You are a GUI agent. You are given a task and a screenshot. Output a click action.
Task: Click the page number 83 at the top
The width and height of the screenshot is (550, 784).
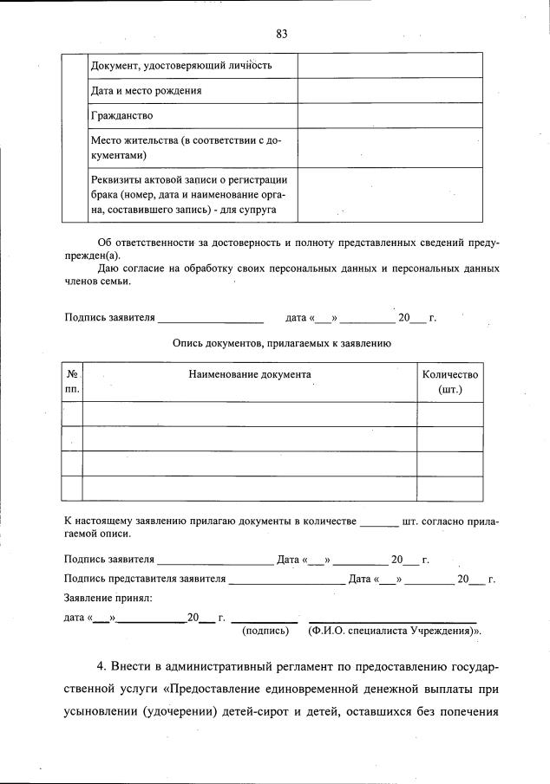click(281, 34)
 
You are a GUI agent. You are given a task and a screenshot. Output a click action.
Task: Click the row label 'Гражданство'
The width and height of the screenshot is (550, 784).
click(122, 115)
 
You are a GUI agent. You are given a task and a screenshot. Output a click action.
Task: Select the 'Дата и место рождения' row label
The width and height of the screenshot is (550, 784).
click(147, 90)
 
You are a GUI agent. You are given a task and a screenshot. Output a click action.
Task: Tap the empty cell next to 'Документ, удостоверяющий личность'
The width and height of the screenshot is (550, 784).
click(390, 65)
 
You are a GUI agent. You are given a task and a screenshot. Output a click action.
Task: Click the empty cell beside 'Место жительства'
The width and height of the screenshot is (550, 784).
click(390, 147)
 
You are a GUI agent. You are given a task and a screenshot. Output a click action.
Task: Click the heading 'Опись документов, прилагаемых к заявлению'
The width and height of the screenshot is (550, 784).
click(281, 343)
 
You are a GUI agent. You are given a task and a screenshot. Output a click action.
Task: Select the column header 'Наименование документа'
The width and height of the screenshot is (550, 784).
click(250, 374)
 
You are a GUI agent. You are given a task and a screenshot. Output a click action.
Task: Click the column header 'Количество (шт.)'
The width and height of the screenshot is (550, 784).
click(449, 382)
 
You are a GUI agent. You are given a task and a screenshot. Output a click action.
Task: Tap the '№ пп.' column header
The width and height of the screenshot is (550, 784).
click(72, 382)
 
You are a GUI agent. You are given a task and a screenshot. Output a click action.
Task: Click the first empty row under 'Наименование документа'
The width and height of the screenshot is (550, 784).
click(250, 414)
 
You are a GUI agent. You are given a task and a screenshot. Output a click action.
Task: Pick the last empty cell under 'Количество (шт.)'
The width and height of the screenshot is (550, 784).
click(449, 489)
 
